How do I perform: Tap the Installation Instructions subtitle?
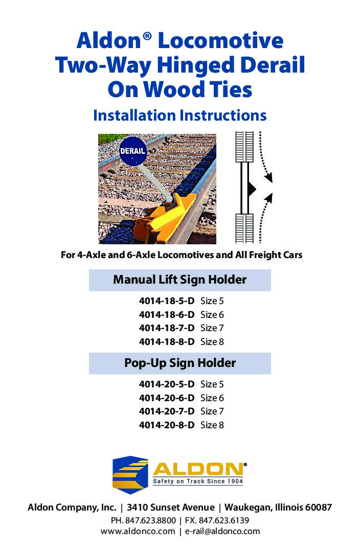coord(179,115)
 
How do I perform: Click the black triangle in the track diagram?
coord(251,189)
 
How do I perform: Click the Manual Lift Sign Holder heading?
coord(179,280)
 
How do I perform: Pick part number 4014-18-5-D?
coord(167,301)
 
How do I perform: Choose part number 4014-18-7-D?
coord(167,328)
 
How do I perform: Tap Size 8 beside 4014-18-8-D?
coord(212,341)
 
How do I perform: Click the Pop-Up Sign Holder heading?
coord(179,363)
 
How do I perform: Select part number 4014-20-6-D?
coord(167,398)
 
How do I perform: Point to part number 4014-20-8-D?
coord(167,425)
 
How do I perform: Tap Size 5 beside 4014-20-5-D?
coord(212,384)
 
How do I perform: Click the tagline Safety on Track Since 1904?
coord(197,482)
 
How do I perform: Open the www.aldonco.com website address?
coord(138,531)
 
